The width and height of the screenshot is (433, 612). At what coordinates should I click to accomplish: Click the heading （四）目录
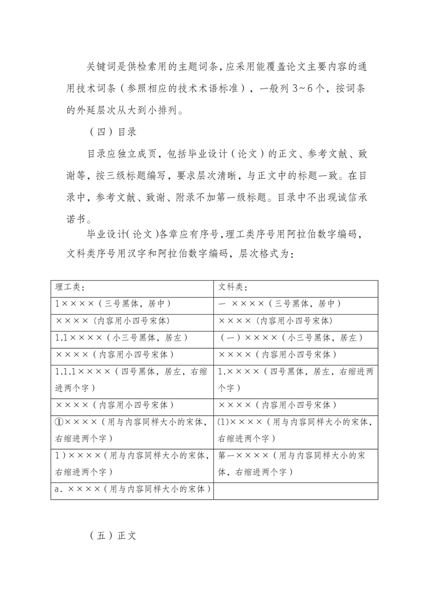(x=112, y=132)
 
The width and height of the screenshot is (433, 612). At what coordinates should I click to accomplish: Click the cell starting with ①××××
(x=133, y=430)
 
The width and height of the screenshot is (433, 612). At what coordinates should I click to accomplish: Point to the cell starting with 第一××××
(x=296, y=464)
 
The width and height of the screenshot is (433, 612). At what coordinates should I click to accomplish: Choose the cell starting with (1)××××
(x=296, y=430)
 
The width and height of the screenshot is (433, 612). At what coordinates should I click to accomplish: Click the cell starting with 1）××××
(x=133, y=464)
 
